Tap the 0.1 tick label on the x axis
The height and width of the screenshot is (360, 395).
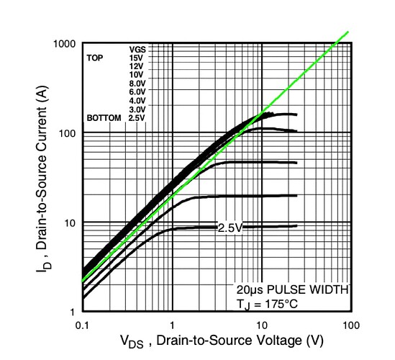tap(83, 326)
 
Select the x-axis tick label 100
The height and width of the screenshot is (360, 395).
tap(351, 326)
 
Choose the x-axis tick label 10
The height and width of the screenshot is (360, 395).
tap(262, 326)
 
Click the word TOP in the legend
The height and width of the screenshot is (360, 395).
tap(96, 57)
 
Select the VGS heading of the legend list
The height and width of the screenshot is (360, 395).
tap(137, 49)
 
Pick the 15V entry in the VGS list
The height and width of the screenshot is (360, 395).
tap(136, 57)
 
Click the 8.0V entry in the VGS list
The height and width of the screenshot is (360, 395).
tap(137, 83)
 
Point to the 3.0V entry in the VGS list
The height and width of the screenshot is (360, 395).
tap(137, 109)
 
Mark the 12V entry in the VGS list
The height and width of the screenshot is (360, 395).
tap(136, 66)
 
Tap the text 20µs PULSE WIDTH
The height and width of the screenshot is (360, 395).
tap(292, 290)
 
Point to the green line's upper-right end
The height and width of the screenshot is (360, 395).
tap(348, 32)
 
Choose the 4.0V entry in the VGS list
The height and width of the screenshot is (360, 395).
tap(137, 100)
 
